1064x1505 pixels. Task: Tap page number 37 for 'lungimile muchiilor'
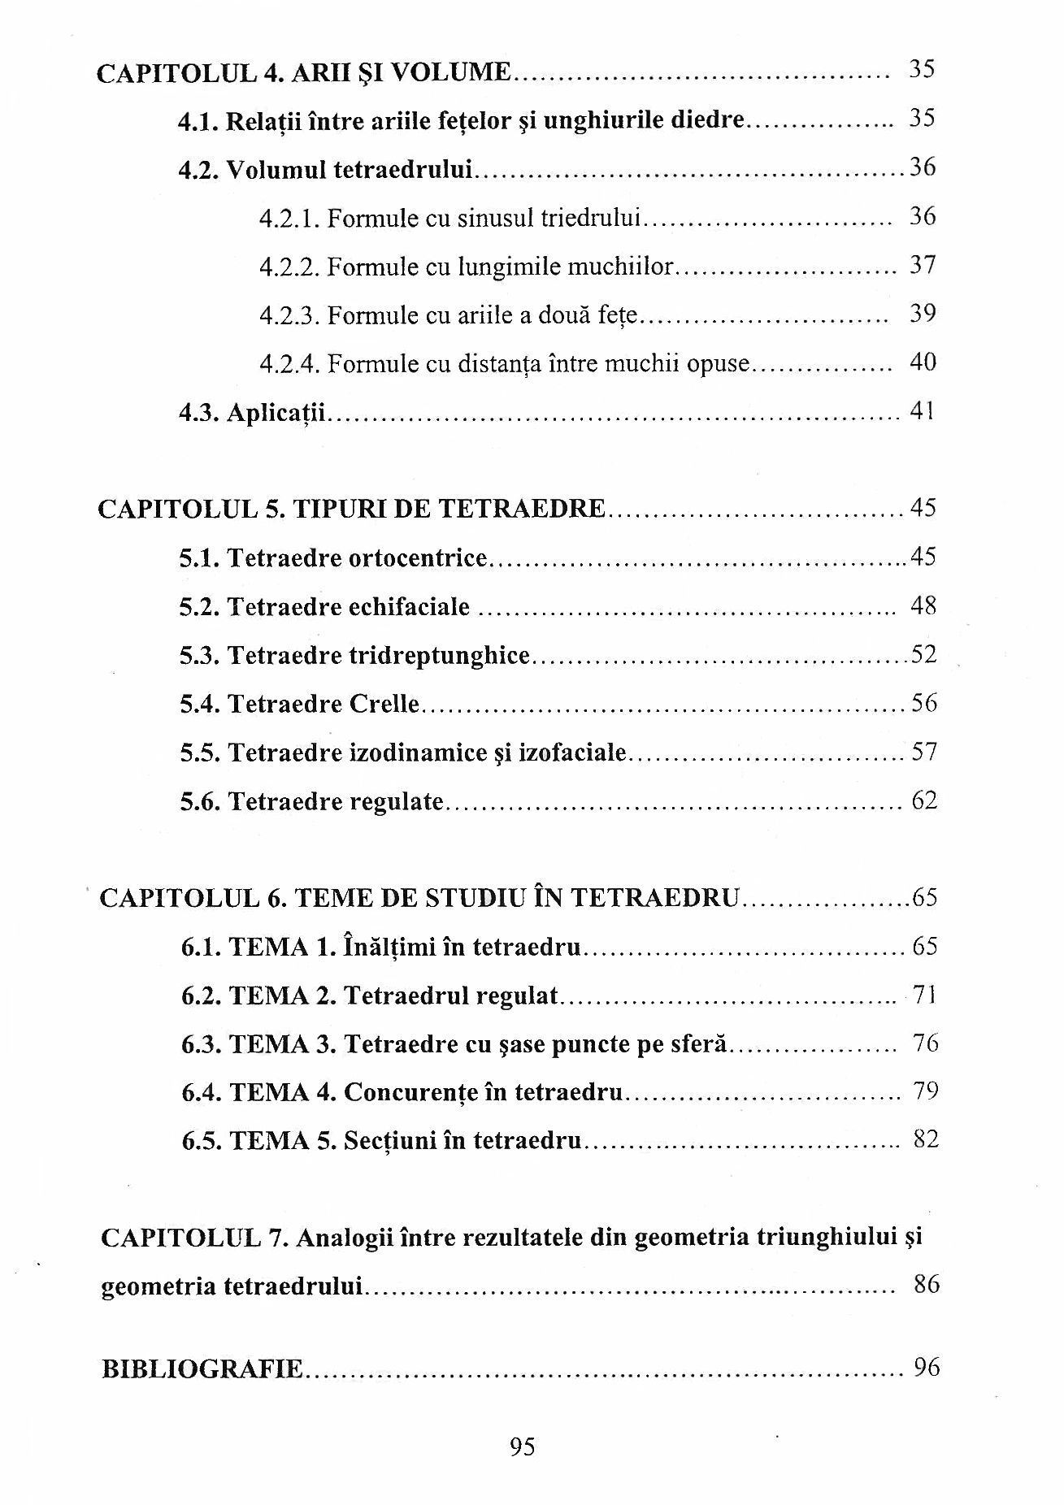(x=923, y=265)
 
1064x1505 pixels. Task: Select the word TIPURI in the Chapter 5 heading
(x=340, y=510)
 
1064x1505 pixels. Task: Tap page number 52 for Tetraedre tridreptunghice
(x=924, y=654)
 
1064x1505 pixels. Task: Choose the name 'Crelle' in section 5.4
(x=384, y=704)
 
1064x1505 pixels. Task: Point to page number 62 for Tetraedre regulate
(x=924, y=801)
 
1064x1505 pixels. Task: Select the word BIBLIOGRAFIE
(x=202, y=1369)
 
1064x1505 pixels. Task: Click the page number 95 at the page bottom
(x=523, y=1447)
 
